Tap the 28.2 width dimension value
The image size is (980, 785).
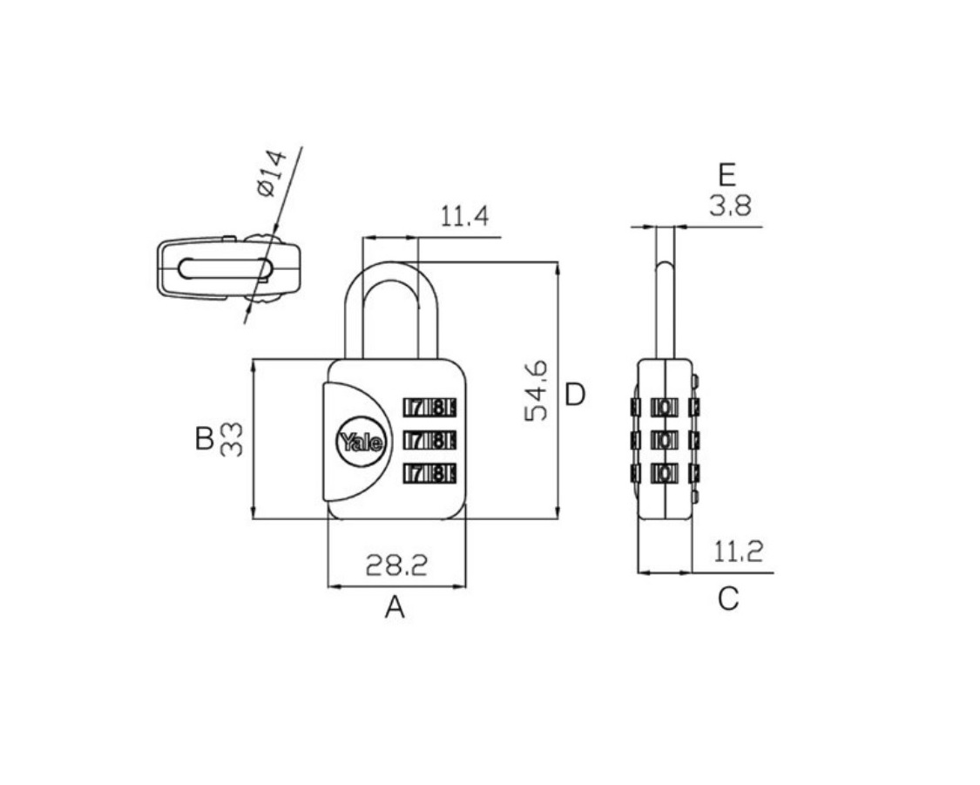[395, 566]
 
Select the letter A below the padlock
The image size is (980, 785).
[395, 606]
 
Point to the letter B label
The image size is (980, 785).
[204, 438]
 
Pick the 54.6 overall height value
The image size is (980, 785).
[537, 391]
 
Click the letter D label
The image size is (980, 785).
[575, 395]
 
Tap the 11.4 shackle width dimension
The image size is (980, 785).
[463, 217]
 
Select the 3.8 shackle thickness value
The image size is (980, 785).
[729, 206]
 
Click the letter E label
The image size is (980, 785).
[727, 176]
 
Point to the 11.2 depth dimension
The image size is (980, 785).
[738, 552]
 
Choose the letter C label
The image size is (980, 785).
[728, 599]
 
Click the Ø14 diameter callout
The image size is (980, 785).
[271, 173]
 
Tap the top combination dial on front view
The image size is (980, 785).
[429, 408]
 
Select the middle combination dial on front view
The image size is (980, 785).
[429, 441]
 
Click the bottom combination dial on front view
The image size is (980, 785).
[429, 474]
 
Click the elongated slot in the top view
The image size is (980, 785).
[224, 268]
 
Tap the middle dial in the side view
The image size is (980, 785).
[666, 441]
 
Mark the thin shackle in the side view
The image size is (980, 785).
[666, 288]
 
